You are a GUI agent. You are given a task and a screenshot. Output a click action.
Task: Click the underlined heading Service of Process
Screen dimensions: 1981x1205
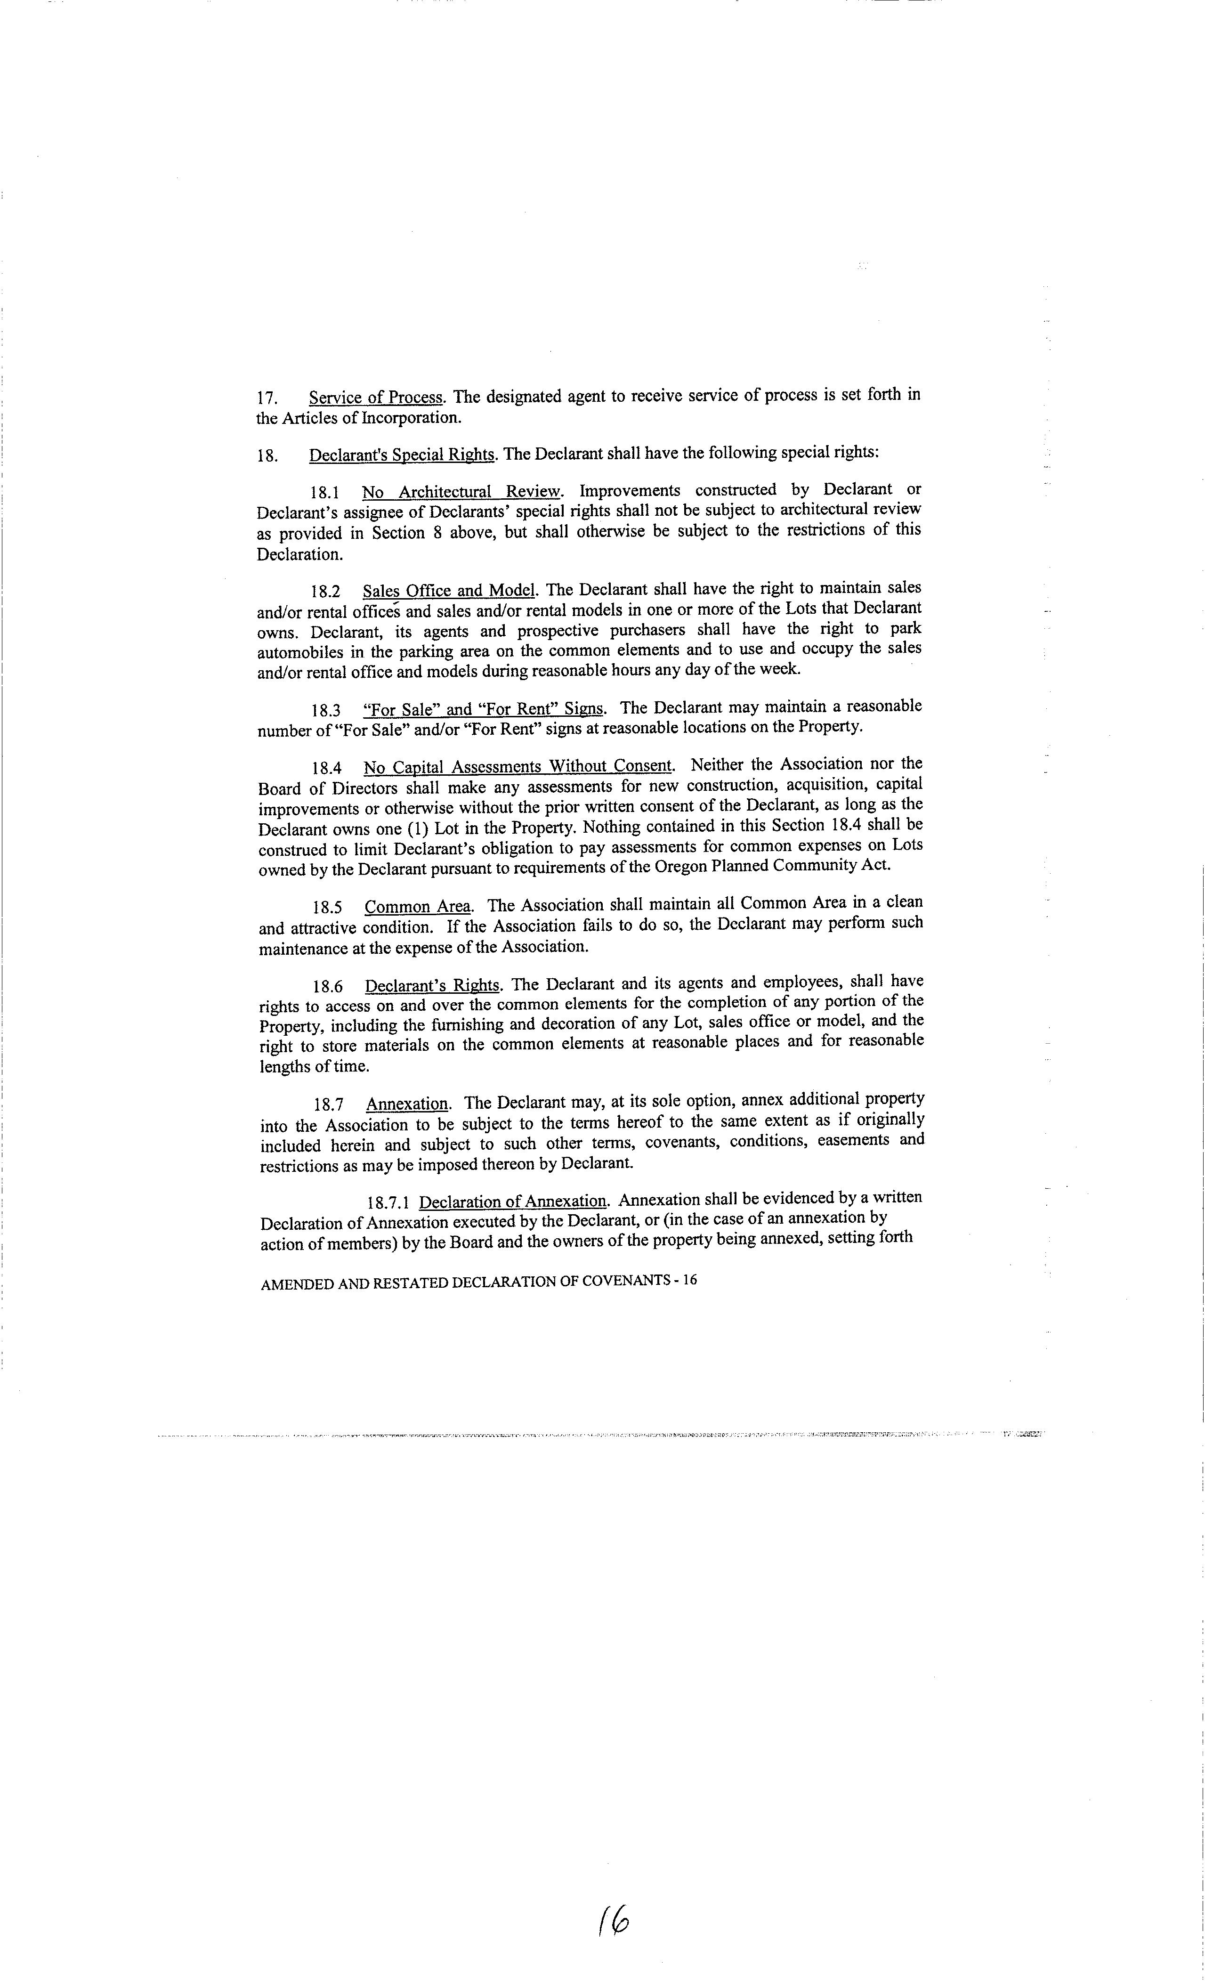click(375, 397)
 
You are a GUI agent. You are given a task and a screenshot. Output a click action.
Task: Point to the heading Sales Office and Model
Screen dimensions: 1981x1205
click(449, 591)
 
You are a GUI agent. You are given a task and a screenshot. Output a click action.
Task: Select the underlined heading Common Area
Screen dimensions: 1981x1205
click(418, 907)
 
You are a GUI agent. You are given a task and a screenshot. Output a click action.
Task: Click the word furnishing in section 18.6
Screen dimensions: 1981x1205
click(467, 1025)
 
